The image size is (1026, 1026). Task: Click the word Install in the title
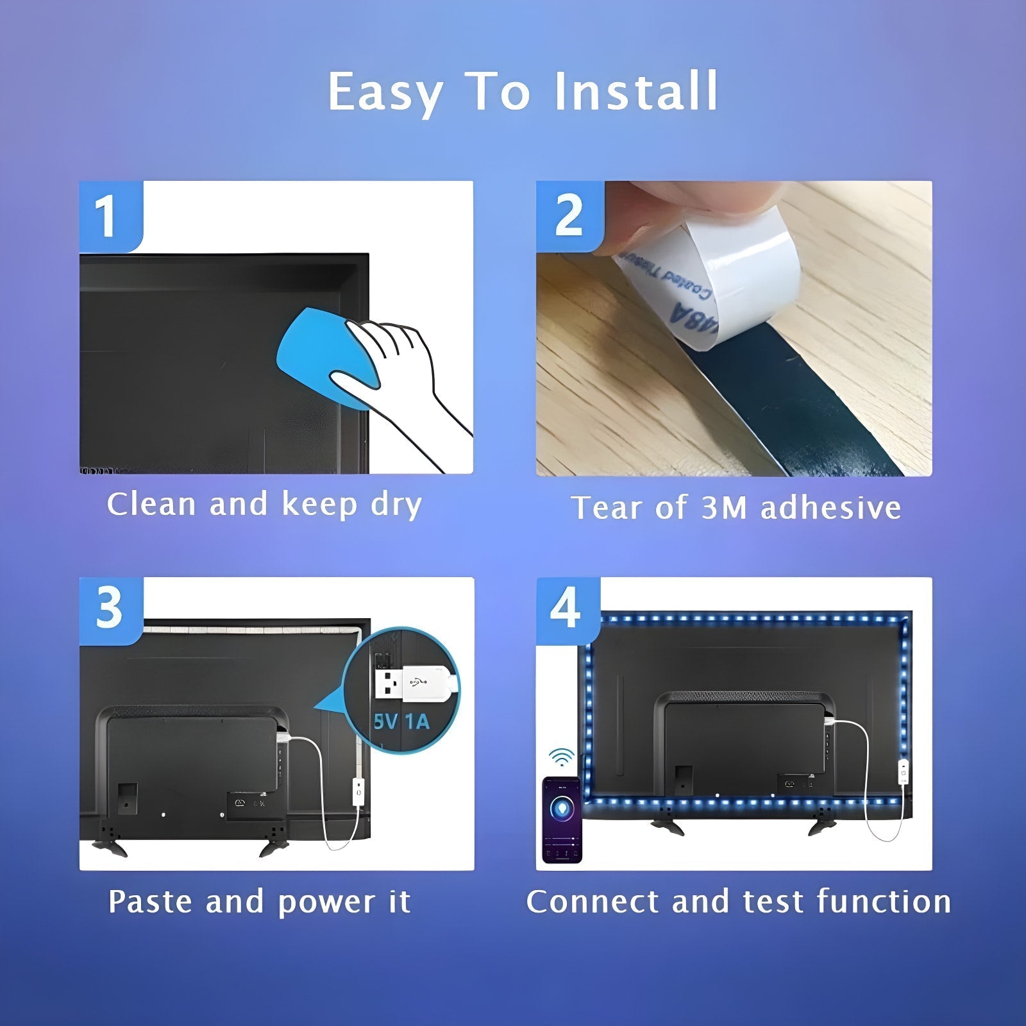[x=635, y=91]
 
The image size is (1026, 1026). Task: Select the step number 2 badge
[x=568, y=216]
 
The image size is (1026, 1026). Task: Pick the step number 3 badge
[x=109, y=609]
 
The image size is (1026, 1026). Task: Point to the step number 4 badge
[x=566, y=609]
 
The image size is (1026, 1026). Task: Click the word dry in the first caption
[x=396, y=505]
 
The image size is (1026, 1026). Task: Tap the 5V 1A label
[x=401, y=722]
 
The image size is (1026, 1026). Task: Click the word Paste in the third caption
[x=150, y=902]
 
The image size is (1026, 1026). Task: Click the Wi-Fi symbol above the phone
[x=562, y=757]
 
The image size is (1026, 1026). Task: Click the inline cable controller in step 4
[x=903, y=773]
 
